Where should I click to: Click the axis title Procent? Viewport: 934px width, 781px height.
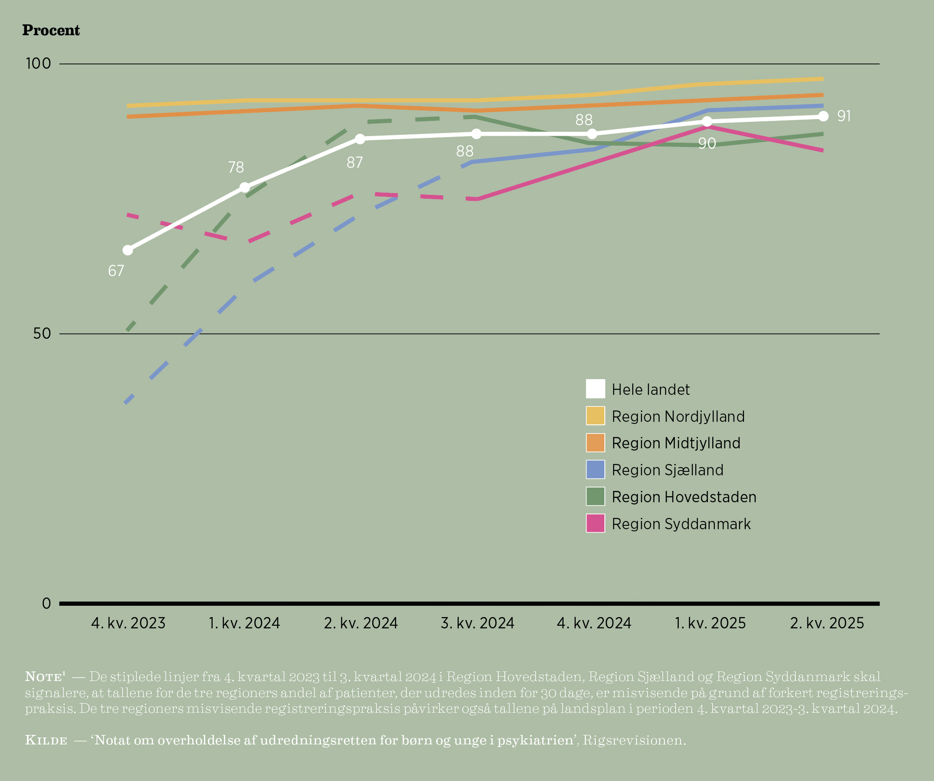(x=51, y=30)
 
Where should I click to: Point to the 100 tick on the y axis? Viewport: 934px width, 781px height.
(x=39, y=63)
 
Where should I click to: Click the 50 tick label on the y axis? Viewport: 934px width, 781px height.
(x=42, y=334)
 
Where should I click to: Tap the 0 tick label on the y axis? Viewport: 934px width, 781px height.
(x=47, y=604)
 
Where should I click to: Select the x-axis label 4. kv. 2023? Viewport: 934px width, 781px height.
(x=128, y=623)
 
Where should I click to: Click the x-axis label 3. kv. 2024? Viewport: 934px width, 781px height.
(x=477, y=623)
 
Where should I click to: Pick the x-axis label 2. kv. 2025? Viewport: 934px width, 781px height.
(x=827, y=623)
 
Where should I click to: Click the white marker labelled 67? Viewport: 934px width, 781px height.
(x=128, y=250)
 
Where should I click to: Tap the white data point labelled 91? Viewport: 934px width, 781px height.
(x=823, y=116)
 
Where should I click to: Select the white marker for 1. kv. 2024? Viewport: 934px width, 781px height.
(x=245, y=187)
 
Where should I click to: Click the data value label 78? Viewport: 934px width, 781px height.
(x=236, y=167)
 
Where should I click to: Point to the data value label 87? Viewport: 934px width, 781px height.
(x=354, y=163)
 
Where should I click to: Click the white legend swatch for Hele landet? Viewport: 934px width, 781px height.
(x=595, y=389)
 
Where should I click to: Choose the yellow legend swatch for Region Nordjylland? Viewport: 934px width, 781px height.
(x=595, y=416)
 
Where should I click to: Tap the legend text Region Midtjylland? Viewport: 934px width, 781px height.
(x=676, y=443)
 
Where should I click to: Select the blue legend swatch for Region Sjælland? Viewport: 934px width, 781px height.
(x=595, y=470)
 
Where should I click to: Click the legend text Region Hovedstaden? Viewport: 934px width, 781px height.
(x=684, y=497)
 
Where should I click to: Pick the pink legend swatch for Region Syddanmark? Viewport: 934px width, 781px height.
(x=595, y=524)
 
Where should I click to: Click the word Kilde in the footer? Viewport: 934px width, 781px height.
(x=46, y=740)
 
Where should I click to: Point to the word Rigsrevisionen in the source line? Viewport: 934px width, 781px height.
(x=634, y=740)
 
